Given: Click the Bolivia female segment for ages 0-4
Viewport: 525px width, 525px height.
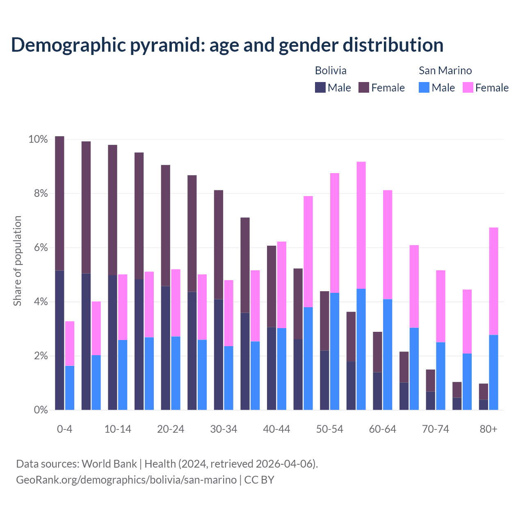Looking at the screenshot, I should [59, 203].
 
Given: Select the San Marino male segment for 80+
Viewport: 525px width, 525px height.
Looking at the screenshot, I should [493, 372].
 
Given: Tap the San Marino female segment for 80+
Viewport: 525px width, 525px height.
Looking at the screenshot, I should [493, 281].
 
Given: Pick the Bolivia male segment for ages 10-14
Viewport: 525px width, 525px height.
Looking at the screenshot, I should [112, 342].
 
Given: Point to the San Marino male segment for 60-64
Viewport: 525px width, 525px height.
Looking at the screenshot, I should [388, 354].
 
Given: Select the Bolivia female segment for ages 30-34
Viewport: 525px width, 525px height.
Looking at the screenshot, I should [219, 244].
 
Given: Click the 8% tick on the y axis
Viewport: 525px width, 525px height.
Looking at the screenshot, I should [38, 194].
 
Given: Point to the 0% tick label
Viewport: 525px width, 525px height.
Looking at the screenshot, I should [38, 410].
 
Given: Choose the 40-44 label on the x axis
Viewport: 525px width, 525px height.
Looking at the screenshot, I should [276, 429].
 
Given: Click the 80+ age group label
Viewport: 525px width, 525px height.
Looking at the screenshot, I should [488, 429].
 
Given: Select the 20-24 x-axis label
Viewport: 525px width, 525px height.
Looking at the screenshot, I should [171, 429].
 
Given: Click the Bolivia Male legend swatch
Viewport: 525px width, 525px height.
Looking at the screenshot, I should [320, 87].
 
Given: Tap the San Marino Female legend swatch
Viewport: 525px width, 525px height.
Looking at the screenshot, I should [468, 87].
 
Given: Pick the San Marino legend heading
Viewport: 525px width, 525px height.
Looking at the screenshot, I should [445, 71].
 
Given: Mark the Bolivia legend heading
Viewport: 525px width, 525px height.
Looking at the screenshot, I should [331, 71].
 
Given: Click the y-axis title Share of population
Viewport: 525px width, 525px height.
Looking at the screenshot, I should [17, 261].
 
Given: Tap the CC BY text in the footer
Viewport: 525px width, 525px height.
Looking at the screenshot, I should [259, 479].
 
